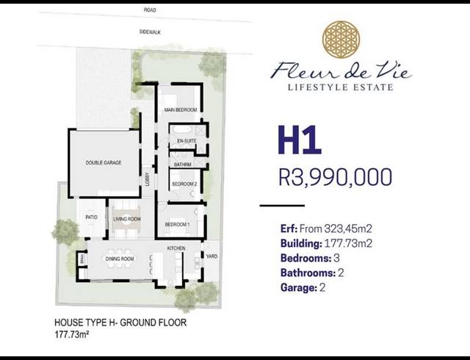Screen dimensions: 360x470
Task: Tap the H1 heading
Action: [300, 141]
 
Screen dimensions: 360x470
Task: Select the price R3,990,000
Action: [336, 177]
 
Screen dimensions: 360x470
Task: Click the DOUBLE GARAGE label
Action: [103, 162]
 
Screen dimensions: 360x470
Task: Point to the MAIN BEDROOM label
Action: [181, 109]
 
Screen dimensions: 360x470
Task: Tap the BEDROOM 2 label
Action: [184, 184]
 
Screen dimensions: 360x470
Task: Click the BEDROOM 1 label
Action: [177, 224]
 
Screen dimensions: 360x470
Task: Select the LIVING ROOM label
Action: [127, 219]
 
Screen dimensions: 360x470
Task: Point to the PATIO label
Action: [92, 217]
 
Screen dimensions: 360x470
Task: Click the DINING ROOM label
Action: [119, 259]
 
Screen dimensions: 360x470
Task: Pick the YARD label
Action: [212, 256]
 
